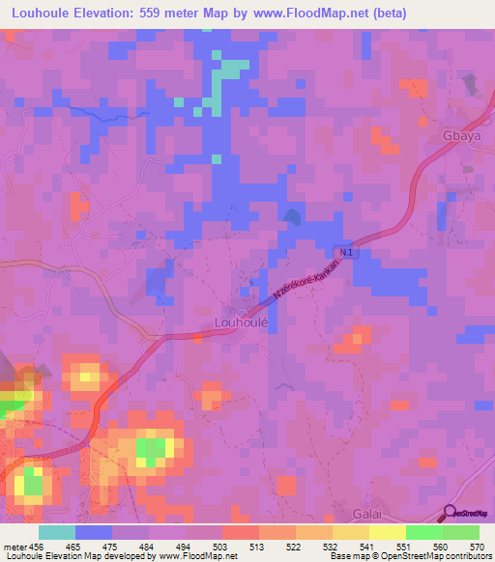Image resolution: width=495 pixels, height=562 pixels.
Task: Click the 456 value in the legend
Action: click(39, 547)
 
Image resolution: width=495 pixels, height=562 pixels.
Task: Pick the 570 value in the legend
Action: click(479, 547)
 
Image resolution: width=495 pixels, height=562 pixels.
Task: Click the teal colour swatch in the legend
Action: click(57, 532)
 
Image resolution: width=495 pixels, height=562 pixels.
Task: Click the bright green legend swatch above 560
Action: click(423, 532)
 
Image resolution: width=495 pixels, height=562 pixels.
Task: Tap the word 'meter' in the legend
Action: click(15, 547)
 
